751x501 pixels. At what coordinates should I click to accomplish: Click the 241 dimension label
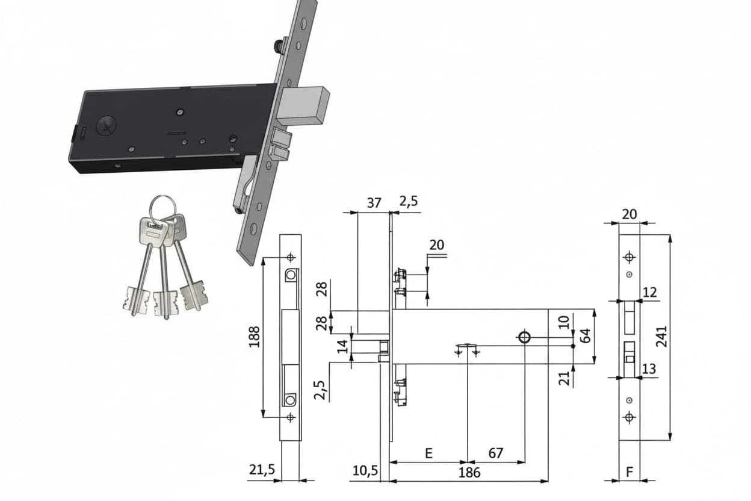coord(661,336)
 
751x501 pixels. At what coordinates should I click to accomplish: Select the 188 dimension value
coord(255,337)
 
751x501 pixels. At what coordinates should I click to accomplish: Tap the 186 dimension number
coord(469,473)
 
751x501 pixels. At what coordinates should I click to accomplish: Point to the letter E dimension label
coord(428,453)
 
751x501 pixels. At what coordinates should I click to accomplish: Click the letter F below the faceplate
coord(629,472)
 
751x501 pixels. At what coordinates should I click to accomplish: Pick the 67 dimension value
coord(495,453)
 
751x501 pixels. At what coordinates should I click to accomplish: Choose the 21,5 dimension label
coord(262,470)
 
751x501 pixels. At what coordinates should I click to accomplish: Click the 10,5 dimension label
coord(365,471)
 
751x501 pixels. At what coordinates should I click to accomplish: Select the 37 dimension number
coord(374,203)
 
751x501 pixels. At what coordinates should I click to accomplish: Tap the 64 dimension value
coord(585,335)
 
